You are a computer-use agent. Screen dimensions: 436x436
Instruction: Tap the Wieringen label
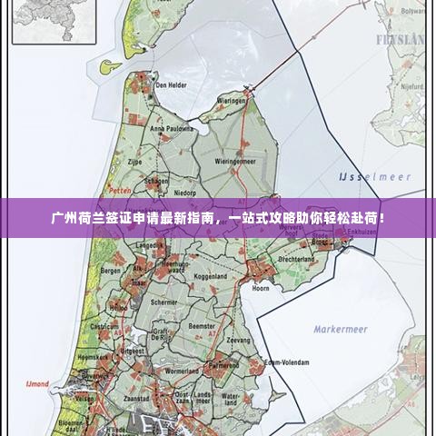232,102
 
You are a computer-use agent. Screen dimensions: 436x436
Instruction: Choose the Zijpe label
135,161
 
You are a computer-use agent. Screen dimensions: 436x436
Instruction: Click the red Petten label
120,191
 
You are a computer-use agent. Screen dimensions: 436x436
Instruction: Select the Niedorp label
185,193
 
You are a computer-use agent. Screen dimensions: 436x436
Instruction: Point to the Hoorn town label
261,287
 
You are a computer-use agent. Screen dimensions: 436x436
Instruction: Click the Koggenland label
210,274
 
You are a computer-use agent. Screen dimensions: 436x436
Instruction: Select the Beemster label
201,324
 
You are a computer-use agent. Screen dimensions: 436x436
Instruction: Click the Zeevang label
238,340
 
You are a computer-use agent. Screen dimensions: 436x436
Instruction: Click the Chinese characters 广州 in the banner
64,218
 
